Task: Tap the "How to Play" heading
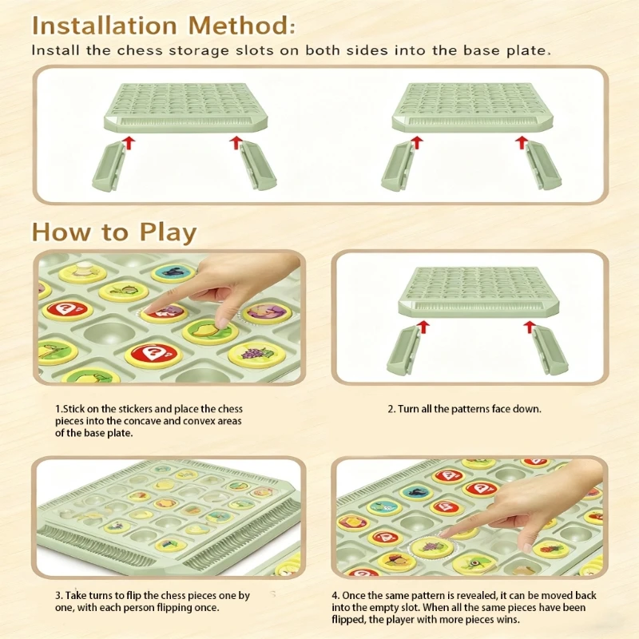(113, 232)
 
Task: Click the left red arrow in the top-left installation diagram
(126, 143)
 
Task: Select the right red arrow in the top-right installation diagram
(522, 143)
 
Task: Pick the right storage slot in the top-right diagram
(543, 166)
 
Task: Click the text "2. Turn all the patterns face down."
(464, 408)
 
